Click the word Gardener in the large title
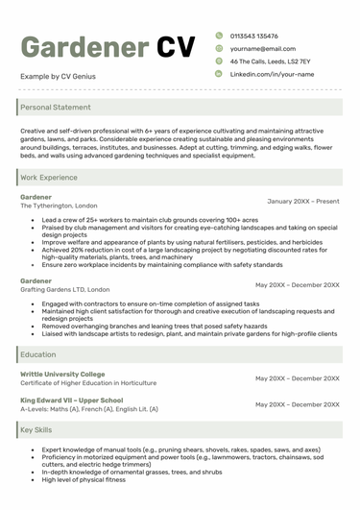tap(83, 47)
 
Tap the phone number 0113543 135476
tap(261, 36)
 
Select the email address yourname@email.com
tap(262, 48)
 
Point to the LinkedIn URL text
tap(272, 74)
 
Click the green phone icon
tap(219, 36)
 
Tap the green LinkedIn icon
tap(219, 74)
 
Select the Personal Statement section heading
tap(56, 108)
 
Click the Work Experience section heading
tap(49, 178)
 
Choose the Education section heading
tap(38, 354)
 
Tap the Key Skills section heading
tap(37, 430)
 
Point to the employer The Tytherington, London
tap(59, 206)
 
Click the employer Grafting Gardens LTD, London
tap(65, 289)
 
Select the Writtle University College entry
tap(62, 374)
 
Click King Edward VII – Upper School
tap(71, 400)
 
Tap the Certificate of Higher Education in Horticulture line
tap(88, 383)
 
